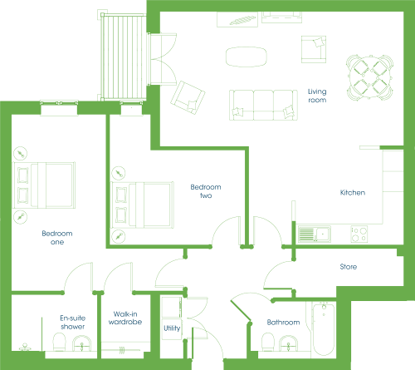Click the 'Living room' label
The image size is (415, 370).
pyautogui.click(x=317, y=96)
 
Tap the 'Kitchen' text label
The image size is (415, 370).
pyautogui.click(x=353, y=193)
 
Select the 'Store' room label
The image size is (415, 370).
pyautogui.click(x=349, y=267)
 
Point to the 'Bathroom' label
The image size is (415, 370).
pyautogui.click(x=283, y=323)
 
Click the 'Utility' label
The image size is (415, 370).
pyautogui.click(x=172, y=328)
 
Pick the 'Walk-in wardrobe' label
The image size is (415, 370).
pyautogui.click(x=125, y=318)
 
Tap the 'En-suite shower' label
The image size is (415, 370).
pyautogui.click(x=72, y=323)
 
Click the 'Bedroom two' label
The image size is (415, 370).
pyautogui.click(x=206, y=191)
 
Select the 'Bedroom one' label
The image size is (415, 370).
pyautogui.click(x=57, y=238)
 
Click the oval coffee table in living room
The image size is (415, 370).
pyautogui.click(x=247, y=57)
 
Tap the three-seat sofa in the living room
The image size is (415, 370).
pyautogui.click(x=263, y=105)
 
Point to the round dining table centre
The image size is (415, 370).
pyautogui.click(x=370, y=77)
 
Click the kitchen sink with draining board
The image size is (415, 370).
pyautogui.click(x=315, y=234)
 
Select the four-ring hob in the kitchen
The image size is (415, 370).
pyautogui.click(x=359, y=234)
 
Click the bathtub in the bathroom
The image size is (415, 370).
pyautogui.click(x=324, y=329)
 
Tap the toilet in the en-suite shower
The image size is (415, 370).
pyautogui.click(x=59, y=342)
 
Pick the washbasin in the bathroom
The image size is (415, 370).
pyautogui.click(x=289, y=343)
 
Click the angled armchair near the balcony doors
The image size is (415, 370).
pyautogui.click(x=188, y=97)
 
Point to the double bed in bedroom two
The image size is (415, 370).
pyautogui.click(x=142, y=205)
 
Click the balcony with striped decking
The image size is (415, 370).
pyautogui.click(x=124, y=57)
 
